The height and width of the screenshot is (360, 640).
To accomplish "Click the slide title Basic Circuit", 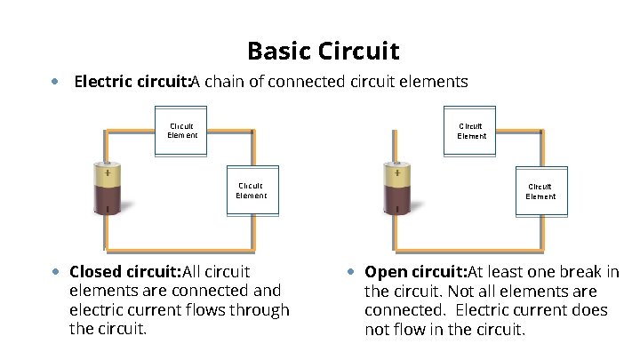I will point(323,51).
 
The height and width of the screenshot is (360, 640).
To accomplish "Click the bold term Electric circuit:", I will point(132,83).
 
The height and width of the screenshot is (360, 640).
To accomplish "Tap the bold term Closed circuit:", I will point(124,271).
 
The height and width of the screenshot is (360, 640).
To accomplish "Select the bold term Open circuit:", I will point(415,271).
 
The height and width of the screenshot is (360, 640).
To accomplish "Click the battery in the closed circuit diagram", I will point(108,189).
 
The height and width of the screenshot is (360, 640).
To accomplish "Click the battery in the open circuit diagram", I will point(397,189).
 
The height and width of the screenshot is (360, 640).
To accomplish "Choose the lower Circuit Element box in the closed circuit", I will point(252,191).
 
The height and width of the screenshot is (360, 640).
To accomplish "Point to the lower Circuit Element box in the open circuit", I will point(540,191).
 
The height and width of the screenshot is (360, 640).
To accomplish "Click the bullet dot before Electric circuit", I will point(55,82).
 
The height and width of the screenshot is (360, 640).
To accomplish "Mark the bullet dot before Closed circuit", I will point(55,271).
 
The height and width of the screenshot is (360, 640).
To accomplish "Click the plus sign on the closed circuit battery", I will point(108,173).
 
